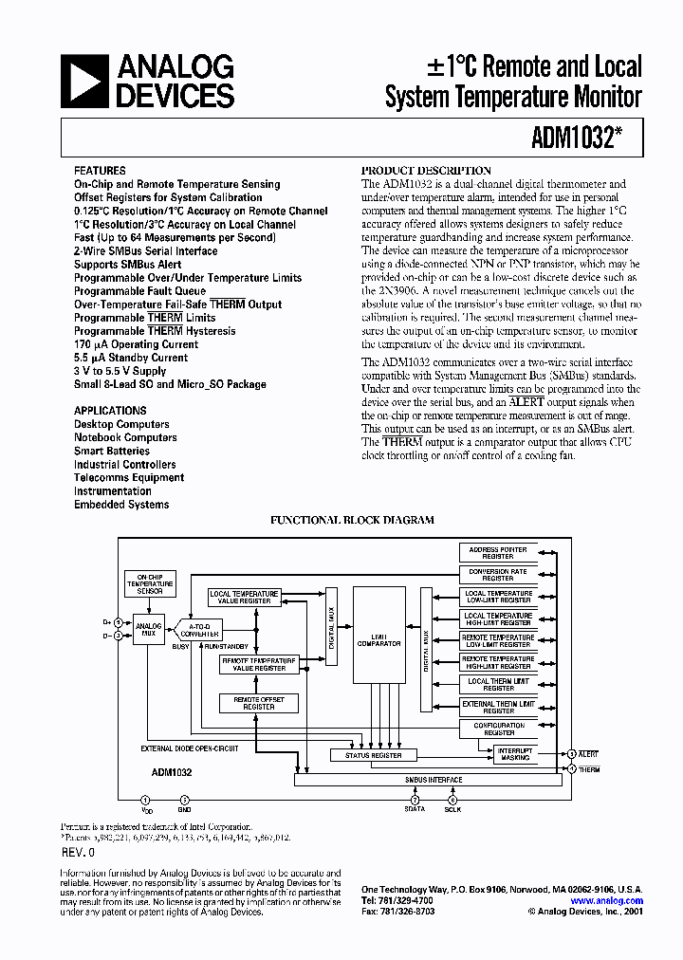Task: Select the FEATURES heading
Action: point(100,171)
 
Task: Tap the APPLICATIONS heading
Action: point(110,411)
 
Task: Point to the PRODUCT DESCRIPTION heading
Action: point(427,170)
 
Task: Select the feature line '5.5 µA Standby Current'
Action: point(131,358)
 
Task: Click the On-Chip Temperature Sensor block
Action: point(149,583)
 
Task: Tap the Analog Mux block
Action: point(148,627)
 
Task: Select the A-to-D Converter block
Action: point(199,629)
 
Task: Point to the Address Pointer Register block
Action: point(498,551)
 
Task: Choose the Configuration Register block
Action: point(498,729)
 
